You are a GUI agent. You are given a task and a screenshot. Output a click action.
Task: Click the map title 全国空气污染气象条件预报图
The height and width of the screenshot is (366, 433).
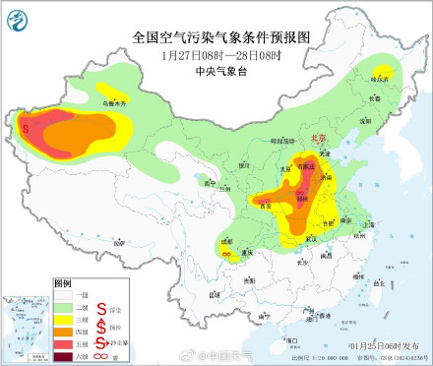tap(221, 37)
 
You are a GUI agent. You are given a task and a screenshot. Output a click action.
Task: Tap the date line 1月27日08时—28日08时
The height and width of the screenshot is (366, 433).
tap(221, 55)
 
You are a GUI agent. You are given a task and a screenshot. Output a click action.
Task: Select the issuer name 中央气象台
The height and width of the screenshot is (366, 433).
tap(221, 71)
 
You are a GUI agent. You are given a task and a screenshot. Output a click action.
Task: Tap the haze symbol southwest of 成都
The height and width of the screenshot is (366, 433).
tap(226, 255)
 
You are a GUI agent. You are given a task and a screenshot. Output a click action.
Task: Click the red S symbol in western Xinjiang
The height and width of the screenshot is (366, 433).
tap(25, 126)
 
